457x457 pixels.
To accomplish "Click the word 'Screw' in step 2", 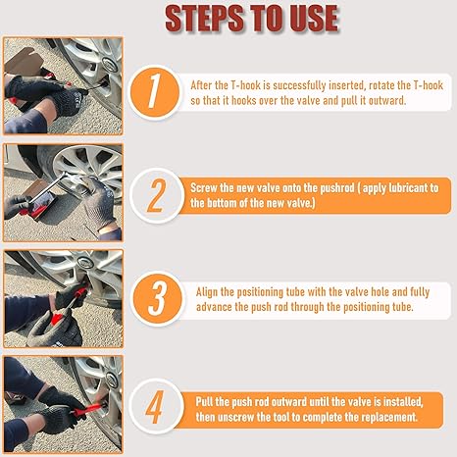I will (209, 185).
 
